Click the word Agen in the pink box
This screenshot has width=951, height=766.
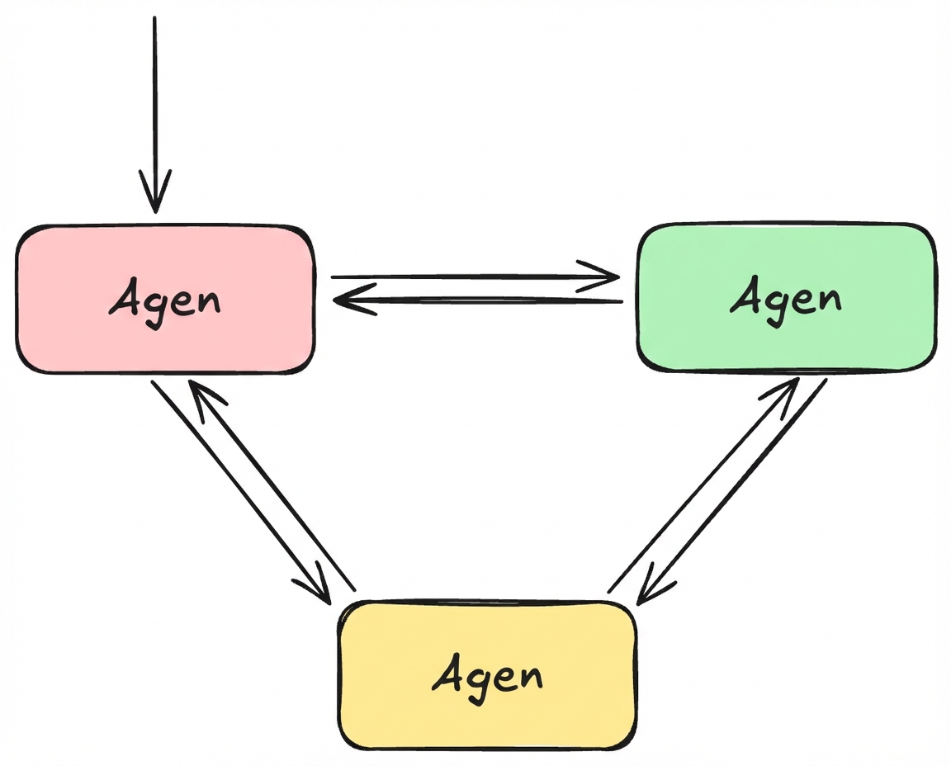coord(165,299)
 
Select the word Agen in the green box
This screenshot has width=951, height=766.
coord(785,298)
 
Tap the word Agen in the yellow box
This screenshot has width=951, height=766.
coord(488,676)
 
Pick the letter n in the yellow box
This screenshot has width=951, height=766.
coord(529,677)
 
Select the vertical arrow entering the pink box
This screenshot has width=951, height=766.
coord(154,107)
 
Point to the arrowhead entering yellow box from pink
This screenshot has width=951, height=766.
coord(318,588)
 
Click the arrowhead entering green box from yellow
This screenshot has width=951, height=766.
coord(784,392)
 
